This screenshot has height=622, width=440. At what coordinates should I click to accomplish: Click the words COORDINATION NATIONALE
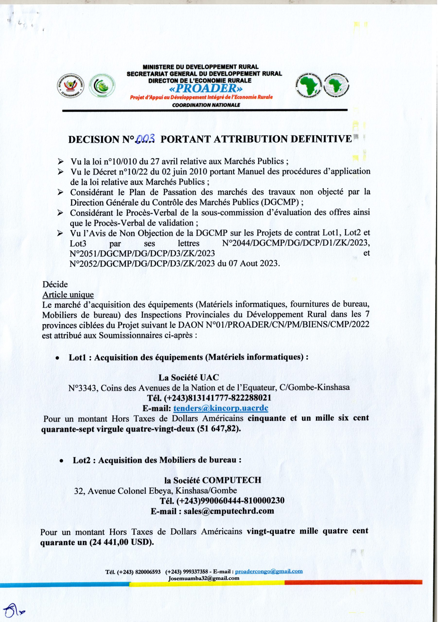click(x=206, y=105)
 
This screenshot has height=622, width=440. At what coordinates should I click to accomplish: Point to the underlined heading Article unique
click(x=68, y=294)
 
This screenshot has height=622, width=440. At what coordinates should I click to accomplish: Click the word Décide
click(x=55, y=285)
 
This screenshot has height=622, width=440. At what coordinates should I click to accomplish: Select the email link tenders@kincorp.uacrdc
click(x=221, y=408)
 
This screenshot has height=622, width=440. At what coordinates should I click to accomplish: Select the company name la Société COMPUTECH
click(x=212, y=480)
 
